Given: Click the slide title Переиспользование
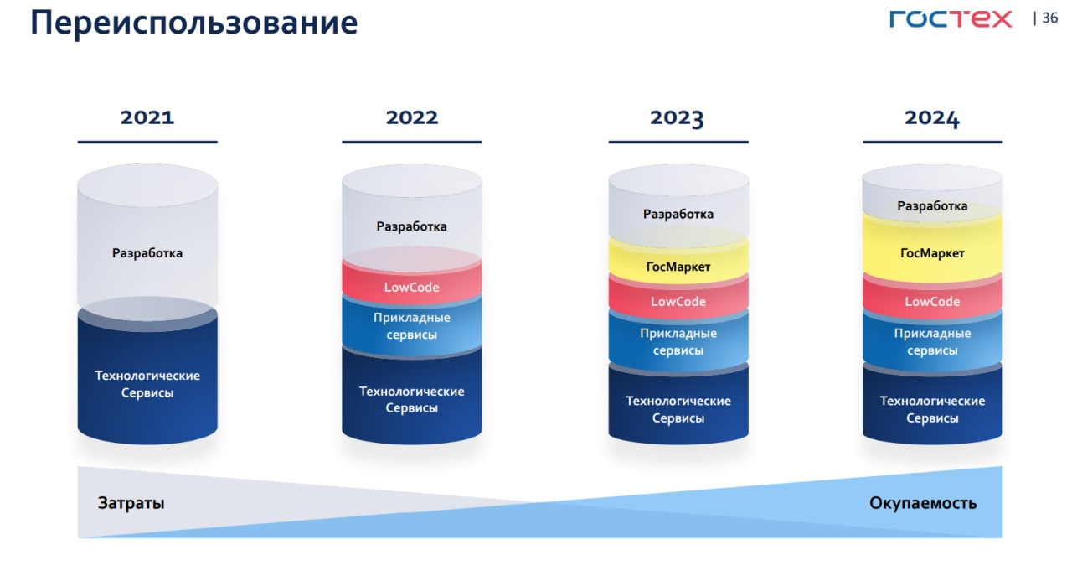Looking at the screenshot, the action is [x=193, y=23].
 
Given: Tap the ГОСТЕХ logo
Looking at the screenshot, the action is [x=951, y=19].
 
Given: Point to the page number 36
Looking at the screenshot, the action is [x=1050, y=18].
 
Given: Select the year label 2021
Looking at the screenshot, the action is [x=147, y=117].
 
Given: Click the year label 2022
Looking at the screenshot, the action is [x=411, y=117].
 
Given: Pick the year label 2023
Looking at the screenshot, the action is [x=677, y=118].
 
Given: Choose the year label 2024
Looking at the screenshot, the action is [x=932, y=118].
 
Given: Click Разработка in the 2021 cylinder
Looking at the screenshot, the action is [x=147, y=253].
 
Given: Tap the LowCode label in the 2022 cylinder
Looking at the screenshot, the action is [x=411, y=288].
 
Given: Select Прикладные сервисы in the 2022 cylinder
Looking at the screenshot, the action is [x=411, y=325].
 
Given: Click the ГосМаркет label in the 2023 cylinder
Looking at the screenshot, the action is [x=678, y=267].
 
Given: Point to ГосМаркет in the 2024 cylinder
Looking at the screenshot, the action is [x=932, y=253].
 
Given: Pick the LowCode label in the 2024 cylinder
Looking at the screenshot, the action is [x=932, y=302].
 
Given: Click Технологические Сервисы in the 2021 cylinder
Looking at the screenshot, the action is [x=147, y=384].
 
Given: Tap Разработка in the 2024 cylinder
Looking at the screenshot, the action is [x=932, y=206].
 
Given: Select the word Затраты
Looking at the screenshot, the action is [x=131, y=503].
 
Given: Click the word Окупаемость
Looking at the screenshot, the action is [x=923, y=503].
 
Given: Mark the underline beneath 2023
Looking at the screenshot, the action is [x=678, y=142].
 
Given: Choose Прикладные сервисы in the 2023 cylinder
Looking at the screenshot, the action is [x=678, y=341].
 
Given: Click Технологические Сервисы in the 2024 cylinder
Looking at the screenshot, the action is [x=932, y=409].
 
